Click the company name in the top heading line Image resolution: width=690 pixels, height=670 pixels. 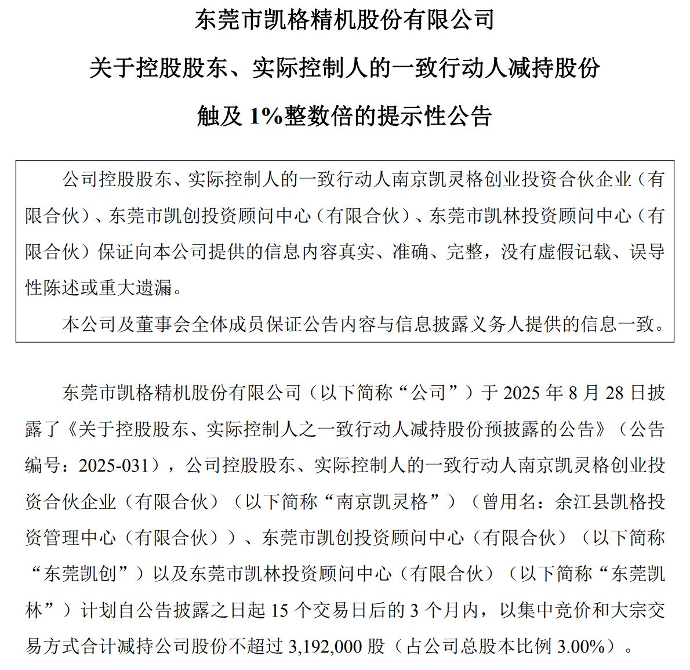click(344, 20)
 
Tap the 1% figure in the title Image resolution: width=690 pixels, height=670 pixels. click(266, 116)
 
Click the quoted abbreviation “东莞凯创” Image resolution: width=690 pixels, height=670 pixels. click(86, 574)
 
